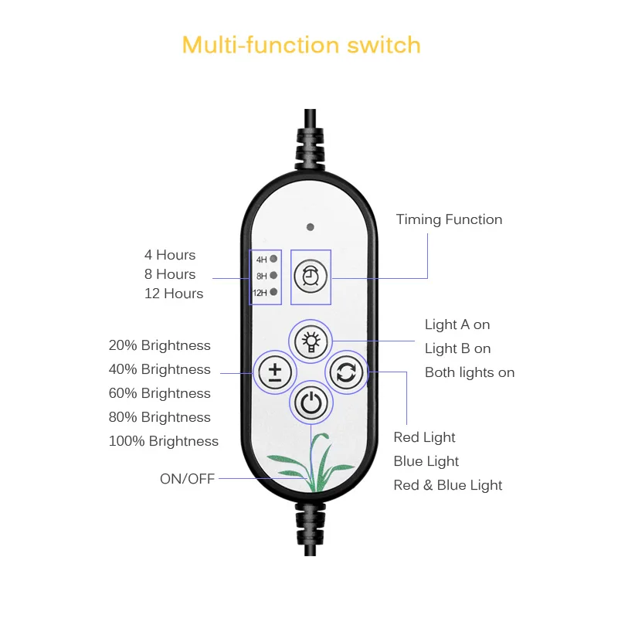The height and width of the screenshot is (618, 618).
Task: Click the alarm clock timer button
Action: [310, 276]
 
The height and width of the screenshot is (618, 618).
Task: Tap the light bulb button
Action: [310, 340]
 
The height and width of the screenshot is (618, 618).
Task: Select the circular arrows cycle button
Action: [345, 372]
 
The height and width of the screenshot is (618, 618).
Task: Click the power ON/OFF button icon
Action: [310, 402]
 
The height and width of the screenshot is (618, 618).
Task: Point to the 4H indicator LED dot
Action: [273, 259]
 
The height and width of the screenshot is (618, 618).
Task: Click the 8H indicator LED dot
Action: [273, 275]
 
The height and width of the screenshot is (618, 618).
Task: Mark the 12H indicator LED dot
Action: [273, 291]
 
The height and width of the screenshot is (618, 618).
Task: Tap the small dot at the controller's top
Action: [310, 227]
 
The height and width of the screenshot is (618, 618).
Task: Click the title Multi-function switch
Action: [301, 45]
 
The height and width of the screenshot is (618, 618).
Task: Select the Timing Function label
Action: [449, 219]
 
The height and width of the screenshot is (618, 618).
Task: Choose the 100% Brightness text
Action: [164, 441]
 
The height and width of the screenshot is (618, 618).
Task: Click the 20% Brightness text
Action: [160, 345]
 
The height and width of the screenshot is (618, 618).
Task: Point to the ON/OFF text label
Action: [187, 479]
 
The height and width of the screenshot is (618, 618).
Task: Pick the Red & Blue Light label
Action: [448, 485]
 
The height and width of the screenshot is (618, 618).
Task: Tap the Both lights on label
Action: [470, 372]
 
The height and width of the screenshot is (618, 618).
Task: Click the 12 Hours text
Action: [174, 294]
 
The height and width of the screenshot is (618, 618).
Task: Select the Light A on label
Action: [457, 324]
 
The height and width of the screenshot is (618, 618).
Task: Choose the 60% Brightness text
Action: [160, 393]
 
